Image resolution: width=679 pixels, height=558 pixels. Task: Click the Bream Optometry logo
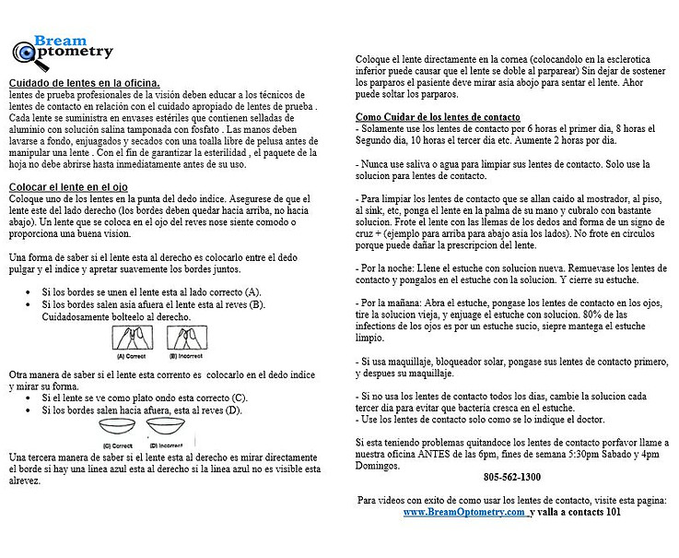pyautogui.click(x=62, y=50)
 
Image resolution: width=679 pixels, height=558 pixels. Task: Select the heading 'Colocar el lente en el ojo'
pyautogui.click(x=68, y=187)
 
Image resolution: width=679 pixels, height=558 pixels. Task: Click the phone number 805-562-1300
pyautogui.click(x=511, y=477)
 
